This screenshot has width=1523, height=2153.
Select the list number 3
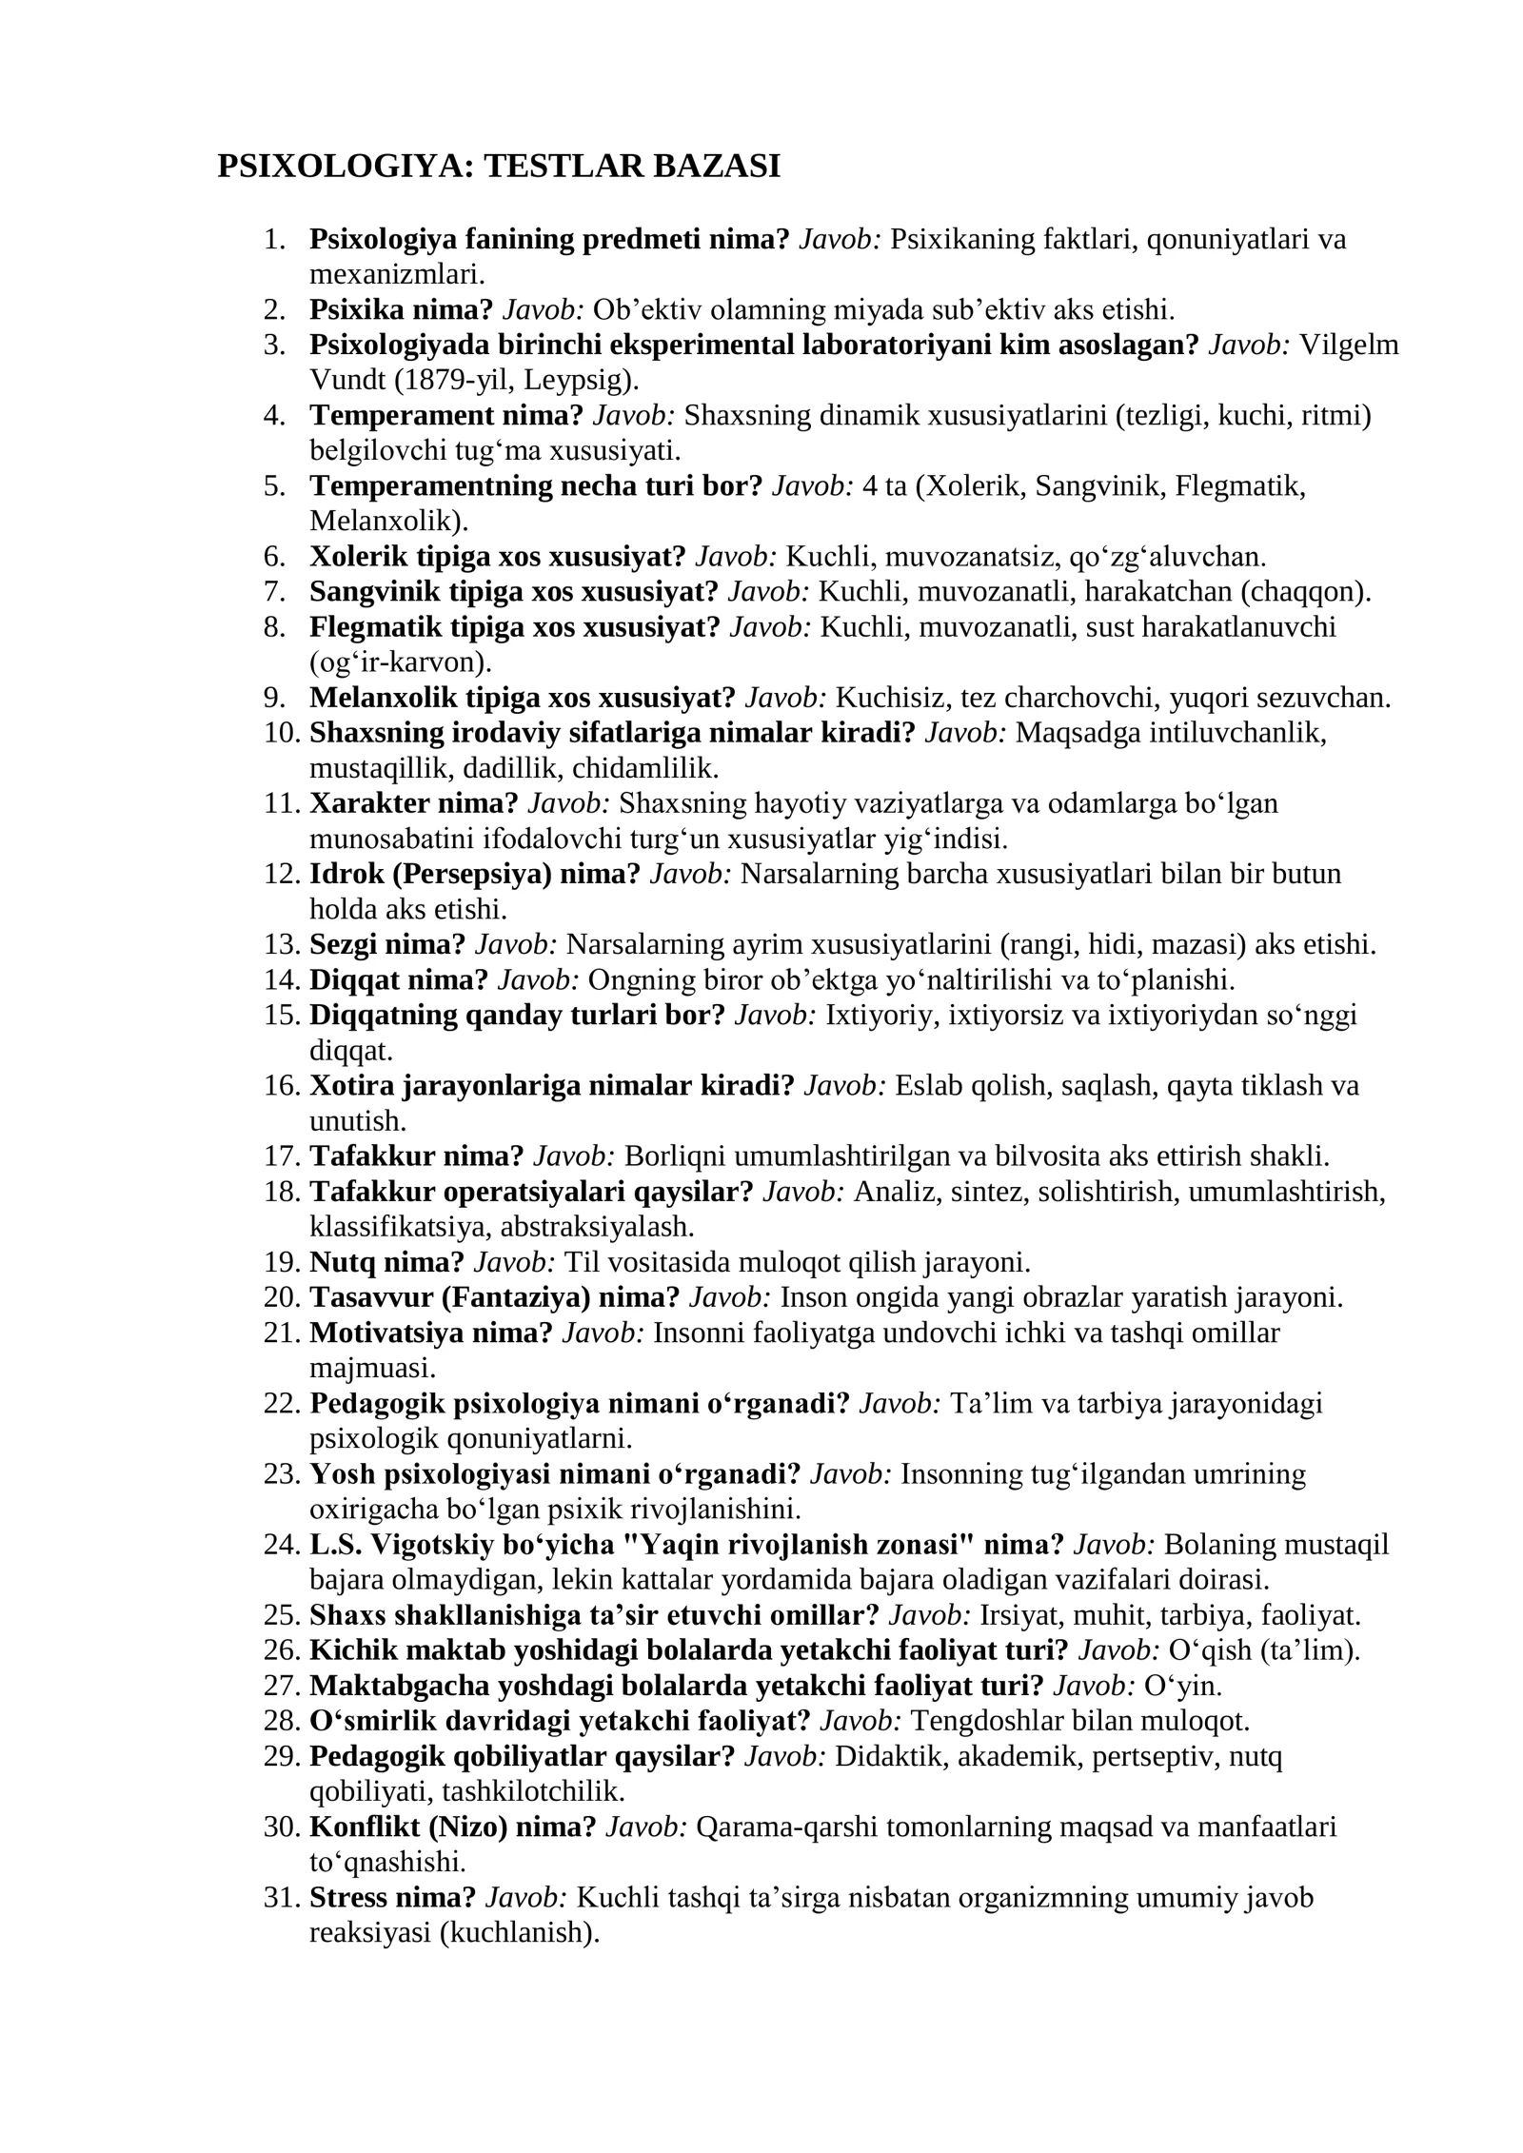click(x=275, y=345)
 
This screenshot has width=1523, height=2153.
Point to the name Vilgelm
click(x=1348, y=345)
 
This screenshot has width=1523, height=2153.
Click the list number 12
click(x=281, y=874)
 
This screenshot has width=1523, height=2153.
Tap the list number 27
click(x=281, y=1686)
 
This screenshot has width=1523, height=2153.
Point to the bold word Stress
click(x=349, y=1897)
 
